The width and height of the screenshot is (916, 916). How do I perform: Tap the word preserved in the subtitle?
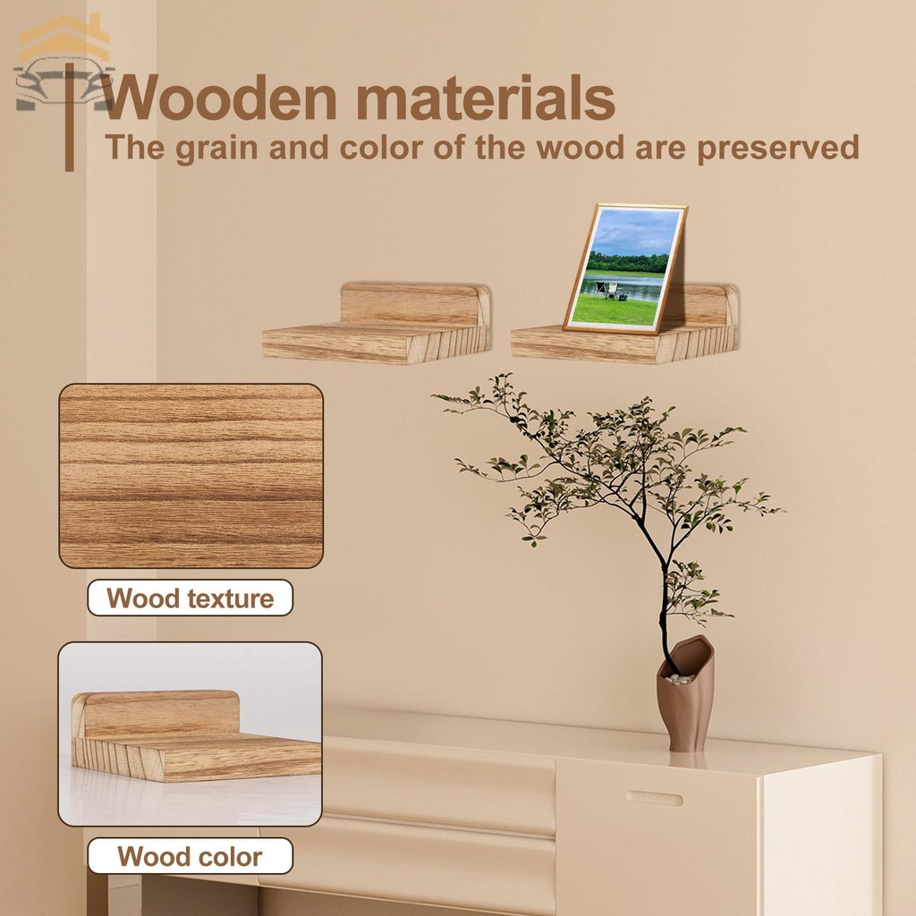pos(777,148)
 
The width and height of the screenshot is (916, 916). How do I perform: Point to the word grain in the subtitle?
pos(216,149)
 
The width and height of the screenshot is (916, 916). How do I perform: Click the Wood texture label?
pos(190,598)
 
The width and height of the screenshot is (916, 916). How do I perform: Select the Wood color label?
pos(190,856)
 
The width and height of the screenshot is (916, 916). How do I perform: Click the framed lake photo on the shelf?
pos(624,268)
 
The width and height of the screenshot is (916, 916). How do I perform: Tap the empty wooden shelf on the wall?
pos(377,323)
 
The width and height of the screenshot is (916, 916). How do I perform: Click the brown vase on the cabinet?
pos(685,693)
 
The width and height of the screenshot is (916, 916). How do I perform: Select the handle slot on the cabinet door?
pos(654,798)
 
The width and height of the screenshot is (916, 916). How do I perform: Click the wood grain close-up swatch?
pos(191,476)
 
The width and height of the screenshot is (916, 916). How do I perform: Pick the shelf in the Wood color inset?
pos(196,736)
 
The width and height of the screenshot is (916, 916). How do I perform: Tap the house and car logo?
pos(64,64)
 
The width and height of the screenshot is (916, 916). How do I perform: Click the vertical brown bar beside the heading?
pos(70,117)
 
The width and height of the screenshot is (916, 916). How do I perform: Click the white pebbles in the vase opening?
pos(681,679)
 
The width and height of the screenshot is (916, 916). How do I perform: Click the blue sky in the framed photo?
pos(636,233)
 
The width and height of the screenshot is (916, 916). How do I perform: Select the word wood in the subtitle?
pos(581,148)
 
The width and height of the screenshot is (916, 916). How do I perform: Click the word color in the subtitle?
pos(381,148)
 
